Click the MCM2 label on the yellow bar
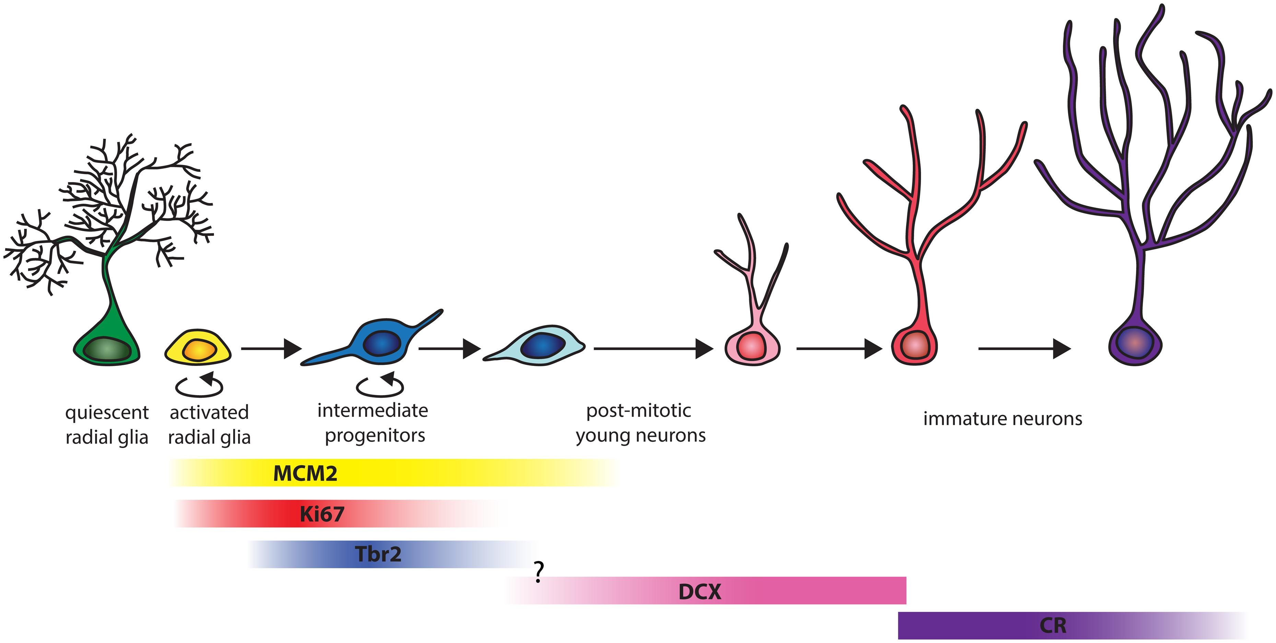305,474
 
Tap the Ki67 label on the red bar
321,514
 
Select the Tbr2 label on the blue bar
378,554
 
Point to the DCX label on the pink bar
699,592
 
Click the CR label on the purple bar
1053,626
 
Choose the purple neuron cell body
1135,343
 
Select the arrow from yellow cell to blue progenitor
271,349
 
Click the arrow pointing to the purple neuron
1024,349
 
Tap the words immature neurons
1003,419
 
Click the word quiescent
107,413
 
